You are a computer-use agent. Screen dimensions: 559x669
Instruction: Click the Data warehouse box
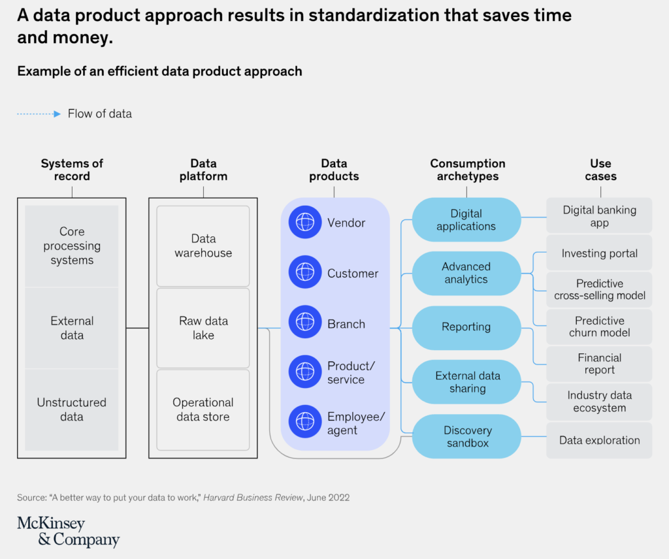click(x=203, y=246)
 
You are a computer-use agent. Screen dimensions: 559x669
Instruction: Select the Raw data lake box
click(x=203, y=328)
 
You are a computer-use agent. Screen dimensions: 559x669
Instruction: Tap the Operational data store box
click(x=203, y=409)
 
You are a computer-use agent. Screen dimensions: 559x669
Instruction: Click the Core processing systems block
click(x=72, y=246)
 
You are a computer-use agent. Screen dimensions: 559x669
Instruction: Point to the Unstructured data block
click(x=72, y=409)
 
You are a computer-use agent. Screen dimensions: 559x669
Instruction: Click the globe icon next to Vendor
click(x=305, y=223)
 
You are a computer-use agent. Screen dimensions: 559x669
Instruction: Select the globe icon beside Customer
click(x=305, y=273)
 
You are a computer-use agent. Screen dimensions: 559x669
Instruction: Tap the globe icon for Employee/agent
click(x=305, y=423)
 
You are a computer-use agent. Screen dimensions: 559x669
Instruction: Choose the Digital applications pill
click(x=466, y=220)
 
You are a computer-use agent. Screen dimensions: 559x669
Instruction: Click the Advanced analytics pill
click(x=466, y=273)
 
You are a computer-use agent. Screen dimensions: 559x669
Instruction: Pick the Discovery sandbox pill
click(x=466, y=436)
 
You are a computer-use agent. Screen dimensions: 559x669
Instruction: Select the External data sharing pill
click(x=466, y=382)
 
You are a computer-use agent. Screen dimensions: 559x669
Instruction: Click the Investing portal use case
click(x=599, y=253)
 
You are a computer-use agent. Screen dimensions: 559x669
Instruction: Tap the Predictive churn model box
click(x=599, y=327)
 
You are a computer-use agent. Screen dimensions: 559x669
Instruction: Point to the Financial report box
click(x=599, y=364)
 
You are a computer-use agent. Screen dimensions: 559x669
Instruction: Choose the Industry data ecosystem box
click(x=599, y=402)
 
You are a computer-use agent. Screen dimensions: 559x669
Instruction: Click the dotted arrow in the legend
click(x=39, y=114)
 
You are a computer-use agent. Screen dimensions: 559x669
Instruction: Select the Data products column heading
click(x=334, y=170)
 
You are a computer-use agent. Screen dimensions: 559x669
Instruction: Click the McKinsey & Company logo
click(x=68, y=532)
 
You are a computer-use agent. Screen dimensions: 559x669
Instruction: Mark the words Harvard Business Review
click(x=253, y=498)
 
